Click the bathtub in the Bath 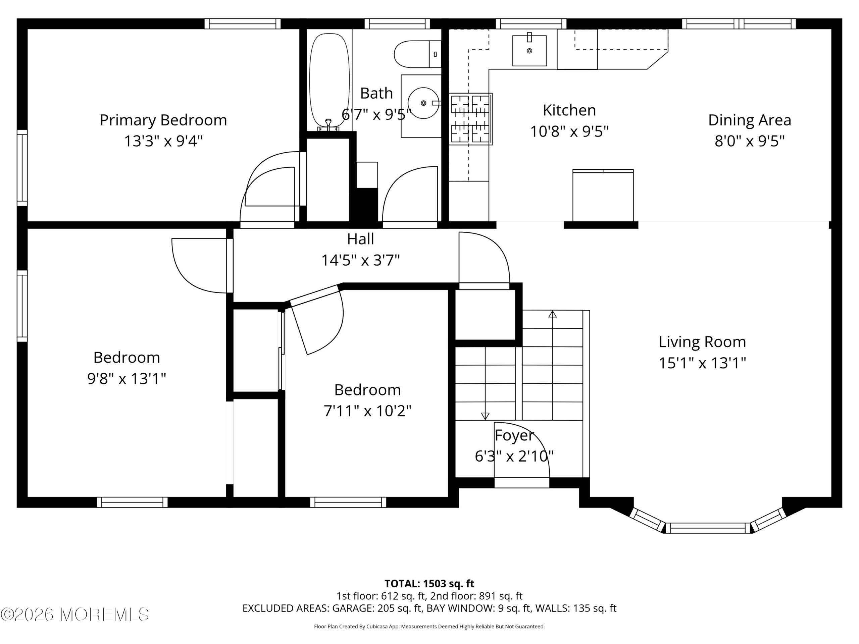(x=329, y=81)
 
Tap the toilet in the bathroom (x=418, y=54)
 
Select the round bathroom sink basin (x=423, y=103)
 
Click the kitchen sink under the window (x=529, y=50)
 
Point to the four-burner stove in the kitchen (x=471, y=119)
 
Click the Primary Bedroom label (x=163, y=120)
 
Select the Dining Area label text (x=750, y=120)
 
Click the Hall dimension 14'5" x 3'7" (x=360, y=260)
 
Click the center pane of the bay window (x=708, y=528)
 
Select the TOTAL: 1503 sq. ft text (x=429, y=583)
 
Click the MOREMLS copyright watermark (x=74, y=614)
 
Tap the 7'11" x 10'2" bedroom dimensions (x=367, y=411)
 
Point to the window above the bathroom (x=397, y=24)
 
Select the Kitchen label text (x=569, y=110)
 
